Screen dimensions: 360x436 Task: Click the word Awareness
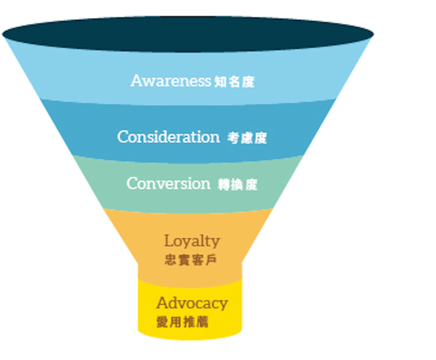point(170,80)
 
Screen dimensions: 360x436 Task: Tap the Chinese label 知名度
point(234,82)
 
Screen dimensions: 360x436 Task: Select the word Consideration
point(168,137)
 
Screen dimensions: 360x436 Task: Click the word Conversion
point(168,184)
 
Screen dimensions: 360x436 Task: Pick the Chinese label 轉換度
point(237,185)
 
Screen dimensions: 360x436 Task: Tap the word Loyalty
point(192,241)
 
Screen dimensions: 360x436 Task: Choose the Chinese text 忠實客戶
point(191,260)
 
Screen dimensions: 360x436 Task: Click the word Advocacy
point(192,303)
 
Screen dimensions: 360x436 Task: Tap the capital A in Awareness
point(137,80)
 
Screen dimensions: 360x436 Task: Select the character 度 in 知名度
point(247,82)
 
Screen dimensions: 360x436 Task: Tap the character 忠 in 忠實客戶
point(170,260)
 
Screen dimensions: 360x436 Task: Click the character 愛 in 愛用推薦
point(162,322)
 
